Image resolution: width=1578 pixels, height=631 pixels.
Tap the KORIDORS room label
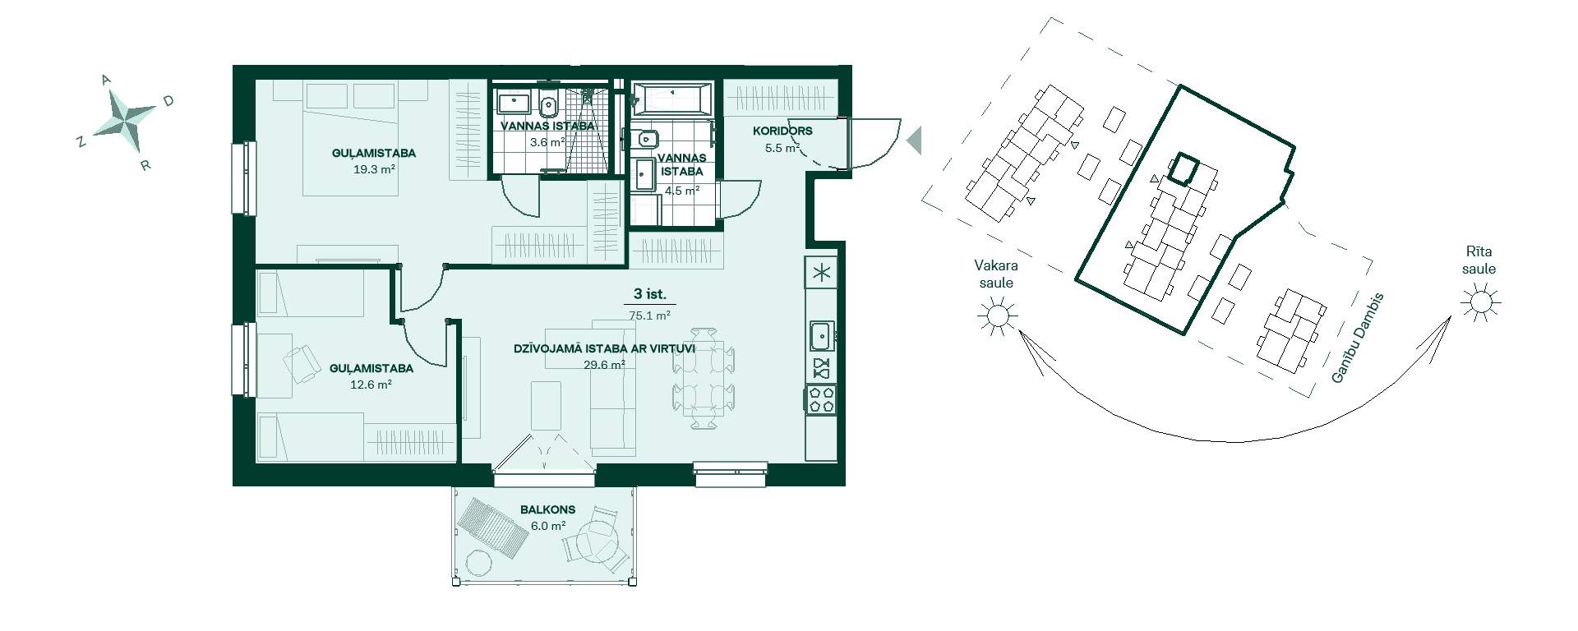click(782, 131)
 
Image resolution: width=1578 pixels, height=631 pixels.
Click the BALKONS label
click(548, 509)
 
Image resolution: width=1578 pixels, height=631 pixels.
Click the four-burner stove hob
click(822, 398)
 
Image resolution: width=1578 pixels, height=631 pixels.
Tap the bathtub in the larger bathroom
click(673, 99)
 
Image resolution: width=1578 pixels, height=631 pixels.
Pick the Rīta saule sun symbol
click(1480, 303)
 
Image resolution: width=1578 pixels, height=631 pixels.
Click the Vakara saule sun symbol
click(997, 315)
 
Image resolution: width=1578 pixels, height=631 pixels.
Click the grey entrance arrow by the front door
click(913, 140)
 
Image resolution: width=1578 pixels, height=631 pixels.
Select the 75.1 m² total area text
click(649, 315)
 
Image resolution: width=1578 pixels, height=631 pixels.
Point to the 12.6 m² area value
click(371, 384)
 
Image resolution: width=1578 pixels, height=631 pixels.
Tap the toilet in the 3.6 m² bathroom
click(548, 104)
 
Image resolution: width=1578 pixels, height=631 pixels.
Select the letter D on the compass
click(168, 101)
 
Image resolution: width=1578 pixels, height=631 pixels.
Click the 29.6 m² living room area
click(604, 365)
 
